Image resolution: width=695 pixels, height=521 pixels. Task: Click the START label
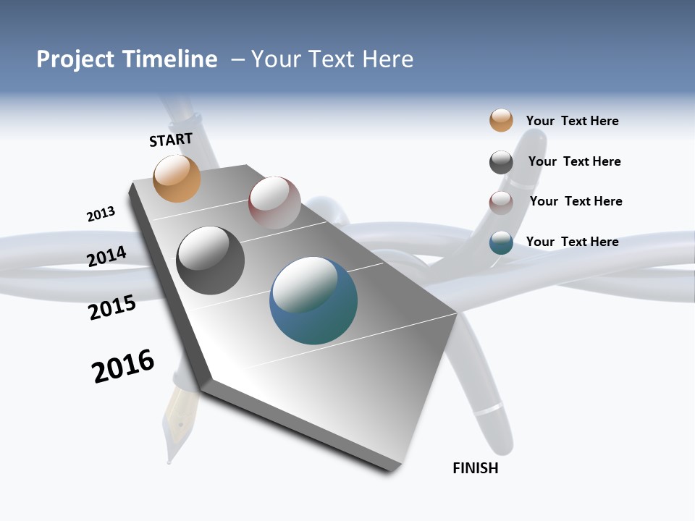tap(171, 140)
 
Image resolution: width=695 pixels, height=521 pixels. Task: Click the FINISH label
tap(476, 468)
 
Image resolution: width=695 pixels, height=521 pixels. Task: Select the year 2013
tap(101, 214)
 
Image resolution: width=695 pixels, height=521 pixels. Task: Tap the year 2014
tap(106, 256)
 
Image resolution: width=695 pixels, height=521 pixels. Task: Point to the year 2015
tap(111, 308)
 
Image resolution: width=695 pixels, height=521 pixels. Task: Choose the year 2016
tap(123, 366)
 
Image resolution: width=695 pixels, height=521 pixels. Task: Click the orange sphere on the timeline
tap(177, 178)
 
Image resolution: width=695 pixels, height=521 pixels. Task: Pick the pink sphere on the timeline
tap(274, 202)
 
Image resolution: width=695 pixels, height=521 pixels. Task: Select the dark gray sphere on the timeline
tap(211, 260)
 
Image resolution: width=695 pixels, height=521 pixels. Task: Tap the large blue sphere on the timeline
tap(313, 300)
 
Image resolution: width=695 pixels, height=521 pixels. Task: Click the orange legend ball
tap(501, 120)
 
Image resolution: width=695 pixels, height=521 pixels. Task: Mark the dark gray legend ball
tap(501, 162)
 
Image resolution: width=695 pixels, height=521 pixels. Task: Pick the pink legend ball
tap(501, 203)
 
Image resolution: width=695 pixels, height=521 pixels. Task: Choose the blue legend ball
tap(501, 242)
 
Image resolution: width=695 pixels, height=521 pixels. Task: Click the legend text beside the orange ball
tap(572, 121)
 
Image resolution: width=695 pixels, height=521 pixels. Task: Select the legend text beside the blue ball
tap(572, 242)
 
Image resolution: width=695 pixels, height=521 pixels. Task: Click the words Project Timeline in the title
tap(127, 59)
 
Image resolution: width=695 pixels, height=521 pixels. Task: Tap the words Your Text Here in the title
tap(332, 59)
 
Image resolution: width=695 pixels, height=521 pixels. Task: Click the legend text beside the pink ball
tap(576, 201)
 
